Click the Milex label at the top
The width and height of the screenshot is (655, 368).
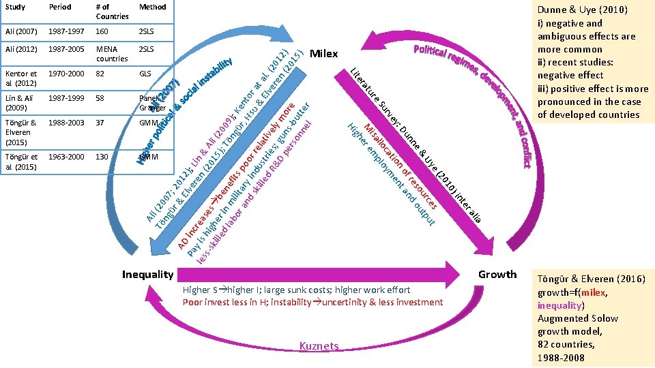324,54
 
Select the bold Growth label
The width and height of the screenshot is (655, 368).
497,274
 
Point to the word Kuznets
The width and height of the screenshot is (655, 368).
319,346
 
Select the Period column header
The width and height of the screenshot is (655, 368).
60,7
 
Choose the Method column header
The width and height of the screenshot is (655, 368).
152,7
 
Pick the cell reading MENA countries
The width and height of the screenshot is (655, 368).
112,54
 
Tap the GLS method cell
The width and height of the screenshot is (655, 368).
145,73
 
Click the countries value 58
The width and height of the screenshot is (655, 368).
101,98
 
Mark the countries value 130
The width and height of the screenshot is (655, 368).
103,157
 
